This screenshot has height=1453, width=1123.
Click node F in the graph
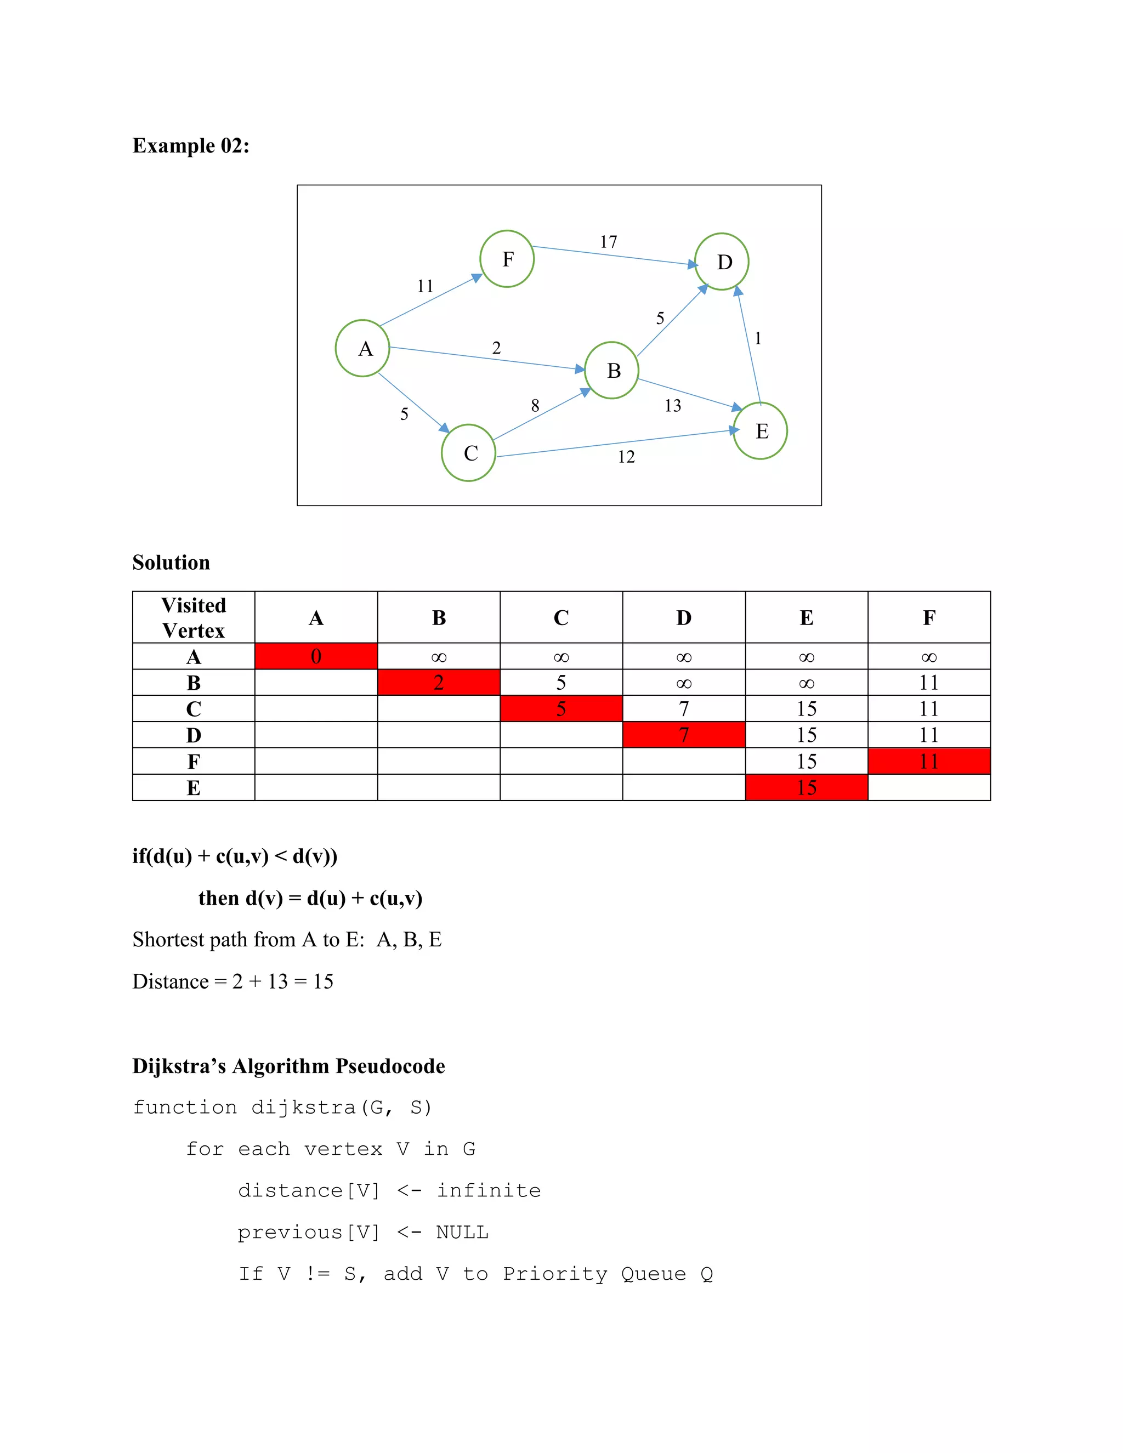(507, 259)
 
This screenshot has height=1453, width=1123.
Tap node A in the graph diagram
(362, 349)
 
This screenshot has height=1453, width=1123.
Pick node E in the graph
(761, 431)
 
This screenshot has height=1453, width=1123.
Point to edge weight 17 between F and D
(609, 241)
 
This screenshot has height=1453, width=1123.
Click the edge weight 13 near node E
(673, 406)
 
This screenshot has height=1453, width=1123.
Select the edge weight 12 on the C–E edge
(626, 457)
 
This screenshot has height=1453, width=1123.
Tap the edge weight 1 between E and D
(758, 339)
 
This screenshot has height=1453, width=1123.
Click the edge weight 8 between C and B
(535, 406)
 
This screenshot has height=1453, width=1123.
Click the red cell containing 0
(316, 657)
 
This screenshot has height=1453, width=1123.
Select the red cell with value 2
(439, 683)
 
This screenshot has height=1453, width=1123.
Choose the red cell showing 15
(806, 788)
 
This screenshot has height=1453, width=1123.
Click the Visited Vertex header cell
(194, 617)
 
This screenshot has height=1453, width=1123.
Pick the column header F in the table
(929, 617)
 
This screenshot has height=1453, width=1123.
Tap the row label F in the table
(194, 761)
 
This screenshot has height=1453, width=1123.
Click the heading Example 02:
(191, 146)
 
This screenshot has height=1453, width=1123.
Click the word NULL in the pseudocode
(462, 1233)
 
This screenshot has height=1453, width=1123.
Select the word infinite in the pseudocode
(489, 1191)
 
